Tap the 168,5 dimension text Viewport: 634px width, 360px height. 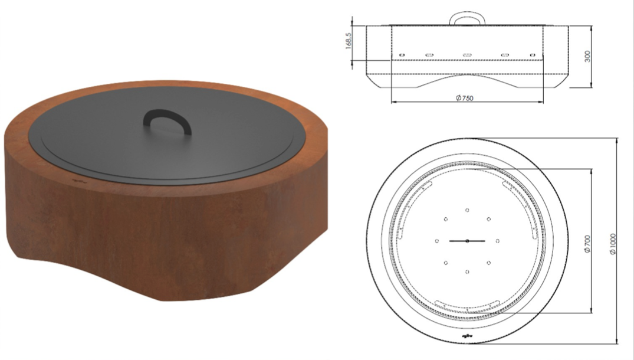pyautogui.click(x=349, y=41)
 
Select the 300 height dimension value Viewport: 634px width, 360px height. pyautogui.click(x=587, y=56)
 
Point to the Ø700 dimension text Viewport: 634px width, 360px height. pyautogui.click(x=587, y=242)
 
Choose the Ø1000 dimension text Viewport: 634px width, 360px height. pyautogui.click(x=614, y=242)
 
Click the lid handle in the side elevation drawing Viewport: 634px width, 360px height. pyautogui.click(x=467, y=18)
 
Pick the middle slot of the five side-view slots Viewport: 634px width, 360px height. pyautogui.click(x=467, y=55)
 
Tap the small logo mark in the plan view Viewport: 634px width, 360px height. pyautogui.click(x=467, y=336)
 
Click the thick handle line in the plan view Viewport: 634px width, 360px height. pyautogui.click(x=467, y=241)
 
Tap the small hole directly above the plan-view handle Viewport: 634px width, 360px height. pyautogui.click(x=467, y=210)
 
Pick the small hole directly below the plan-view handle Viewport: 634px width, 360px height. pyautogui.click(x=467, y=272)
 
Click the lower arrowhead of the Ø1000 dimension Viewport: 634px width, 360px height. pyautogui.click(x=617, y=342)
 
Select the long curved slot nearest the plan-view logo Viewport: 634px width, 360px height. pyautogui.click(x=466, y=308)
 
